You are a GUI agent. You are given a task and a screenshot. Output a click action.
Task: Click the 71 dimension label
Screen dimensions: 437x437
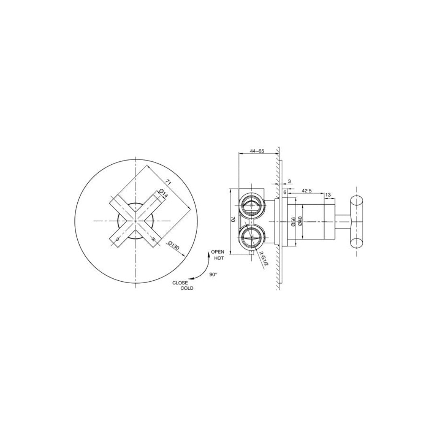(168, 182)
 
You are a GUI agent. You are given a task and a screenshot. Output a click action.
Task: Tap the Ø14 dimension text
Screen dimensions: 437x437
(164, 193)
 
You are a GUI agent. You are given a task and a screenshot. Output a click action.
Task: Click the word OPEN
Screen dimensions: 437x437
(217, 252)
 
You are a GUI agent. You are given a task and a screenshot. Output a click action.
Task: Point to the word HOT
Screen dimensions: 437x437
(219, 258)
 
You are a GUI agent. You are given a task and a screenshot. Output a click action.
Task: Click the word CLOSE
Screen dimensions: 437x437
(180, 282)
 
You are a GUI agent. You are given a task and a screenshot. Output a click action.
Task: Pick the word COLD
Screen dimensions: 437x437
(187, 288)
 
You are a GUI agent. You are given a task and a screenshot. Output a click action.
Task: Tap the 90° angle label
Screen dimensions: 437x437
(213, 274)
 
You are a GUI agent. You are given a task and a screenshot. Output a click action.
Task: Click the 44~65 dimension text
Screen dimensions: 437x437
(257, 151)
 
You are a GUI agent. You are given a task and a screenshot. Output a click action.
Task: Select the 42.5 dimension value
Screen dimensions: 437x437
(306, 191)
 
